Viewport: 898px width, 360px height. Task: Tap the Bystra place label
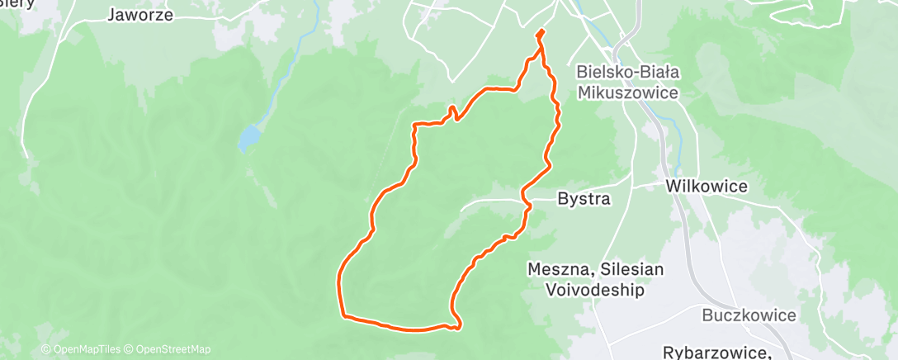[x=584, y=199]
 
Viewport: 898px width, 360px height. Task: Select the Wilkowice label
[x=707, y=187]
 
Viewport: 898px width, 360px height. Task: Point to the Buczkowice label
[x=749, y=315]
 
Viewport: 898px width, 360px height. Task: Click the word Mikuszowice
[x=628, y=92]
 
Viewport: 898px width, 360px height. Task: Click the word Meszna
[x=557, y=269]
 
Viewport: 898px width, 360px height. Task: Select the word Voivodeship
[x=595, y=290]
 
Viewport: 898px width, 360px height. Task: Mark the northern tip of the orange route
[x=541, y=32]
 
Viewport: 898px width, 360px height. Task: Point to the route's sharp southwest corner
[x=343, y=315]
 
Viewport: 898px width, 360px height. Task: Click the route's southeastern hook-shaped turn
[x=456, y=324]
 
